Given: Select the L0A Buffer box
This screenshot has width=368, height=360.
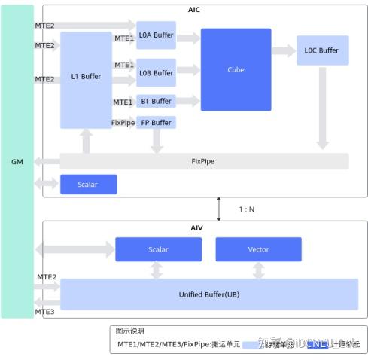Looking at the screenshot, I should tap(156, 35).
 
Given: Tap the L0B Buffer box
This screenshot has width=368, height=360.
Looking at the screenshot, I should tap(156, 73).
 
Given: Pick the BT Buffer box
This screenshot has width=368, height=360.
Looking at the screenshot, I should tap(156, 101).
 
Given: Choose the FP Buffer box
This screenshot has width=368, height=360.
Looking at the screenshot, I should tap(156, 122).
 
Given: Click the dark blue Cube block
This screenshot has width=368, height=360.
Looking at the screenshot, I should tap(236, 69).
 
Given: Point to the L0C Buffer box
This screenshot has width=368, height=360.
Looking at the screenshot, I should tap(321, 50).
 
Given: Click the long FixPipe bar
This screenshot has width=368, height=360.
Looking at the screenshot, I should tap(203, 161).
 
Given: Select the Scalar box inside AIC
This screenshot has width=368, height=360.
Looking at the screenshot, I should tap(88, 184).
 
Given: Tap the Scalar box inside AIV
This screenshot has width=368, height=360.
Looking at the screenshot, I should tap(158, 249).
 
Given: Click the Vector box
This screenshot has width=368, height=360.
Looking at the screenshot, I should tap(258, 249).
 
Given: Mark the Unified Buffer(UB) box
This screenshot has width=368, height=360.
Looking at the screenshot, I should tap(209, 294).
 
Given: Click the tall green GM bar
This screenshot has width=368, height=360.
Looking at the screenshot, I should tap(17, 161).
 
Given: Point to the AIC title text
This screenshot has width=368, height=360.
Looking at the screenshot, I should tap(194, 9).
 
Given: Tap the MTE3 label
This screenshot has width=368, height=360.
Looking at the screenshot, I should tap(45, 312).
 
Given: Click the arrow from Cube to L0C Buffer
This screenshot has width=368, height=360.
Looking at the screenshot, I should tap(283, 51).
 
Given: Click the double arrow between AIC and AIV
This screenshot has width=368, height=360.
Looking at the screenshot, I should tap(219, 209).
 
